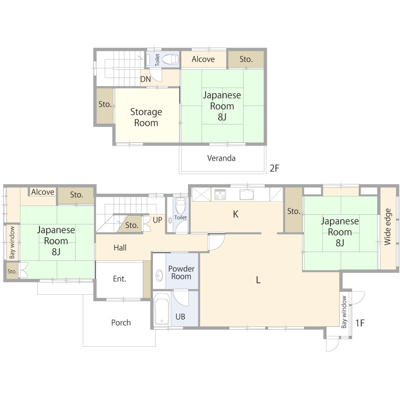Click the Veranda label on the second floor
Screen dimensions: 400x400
pyautogui.click(x=221, y=158)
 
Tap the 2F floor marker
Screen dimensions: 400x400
pyautogui.click(x=274, y=168)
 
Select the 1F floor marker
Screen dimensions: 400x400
pyautogui.click(x=360, y=323)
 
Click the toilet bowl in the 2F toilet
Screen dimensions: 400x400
pyautogui.click(x=170, y=59)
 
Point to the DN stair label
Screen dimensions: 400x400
pyautogui.click(x=146, y=79)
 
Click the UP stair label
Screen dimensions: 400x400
pyautogui.click(x=157, y=220)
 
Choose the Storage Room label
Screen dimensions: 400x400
pyautogui.click(x=146, y=117)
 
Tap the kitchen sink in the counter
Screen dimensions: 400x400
pyautogui.click(x=246, y=194)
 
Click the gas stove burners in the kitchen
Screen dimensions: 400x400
pyautogui.click(x=220, y=194)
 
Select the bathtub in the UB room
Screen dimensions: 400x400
pyautogui.click(x=162, y=309)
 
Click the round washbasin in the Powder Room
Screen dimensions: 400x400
pyautogui.click(x=159, y=276)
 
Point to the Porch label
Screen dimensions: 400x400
pyautogui.click(x=121, y=323)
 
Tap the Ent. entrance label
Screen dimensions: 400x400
pyautogui.click(x=120, y=279)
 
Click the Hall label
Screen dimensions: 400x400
pyautogui.click(x=120, y=248)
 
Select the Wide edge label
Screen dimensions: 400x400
pyautogui.click(x=388, y=227)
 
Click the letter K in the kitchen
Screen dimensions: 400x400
pyautogui.click(x=236, y=214)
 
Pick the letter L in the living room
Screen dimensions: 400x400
pyautogui.click(x=258, y=280)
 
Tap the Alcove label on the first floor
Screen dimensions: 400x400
pyautogui.click(x=43, y=192)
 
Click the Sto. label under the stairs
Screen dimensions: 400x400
pyautogui.click(x=132, y=225)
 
